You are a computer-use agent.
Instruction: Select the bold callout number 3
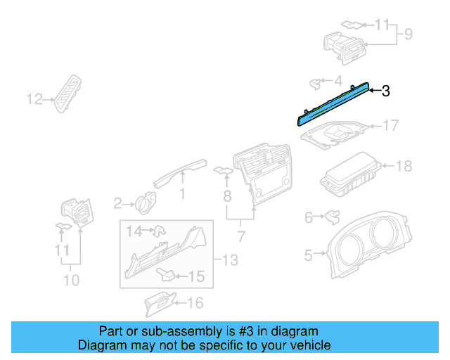(x=385, y=91)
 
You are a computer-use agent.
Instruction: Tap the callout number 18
(x=404, y=167)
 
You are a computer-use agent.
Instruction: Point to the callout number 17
(x=390, y=126)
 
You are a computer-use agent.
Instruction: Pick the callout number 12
(x=34, y=100)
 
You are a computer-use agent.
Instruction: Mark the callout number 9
(x=408, y=33)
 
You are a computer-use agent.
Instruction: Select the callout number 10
(x=70, y=279)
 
